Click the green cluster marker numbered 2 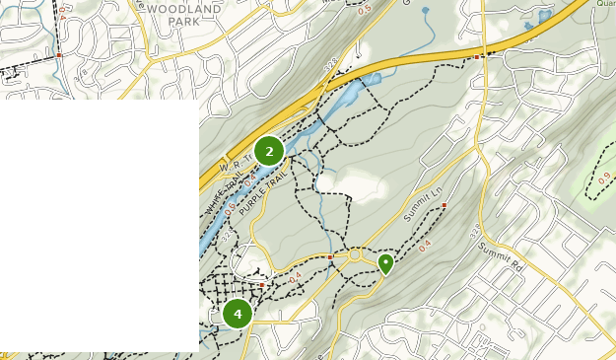[x=268, y=151]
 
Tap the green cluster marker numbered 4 [x=237, y=314]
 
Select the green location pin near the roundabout [x=385, y=262]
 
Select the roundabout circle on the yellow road [x=354, y=255]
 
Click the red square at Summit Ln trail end [x=445, y=205]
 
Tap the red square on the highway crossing [x=477, y=57]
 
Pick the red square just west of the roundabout [x=329, y=256]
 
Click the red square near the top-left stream [x=59, y=55]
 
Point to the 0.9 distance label [x=604, y=180]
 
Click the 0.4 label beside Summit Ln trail [x=425, y=246]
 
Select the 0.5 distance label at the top [x=365, y=11]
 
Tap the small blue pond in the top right [x=543, y=17]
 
